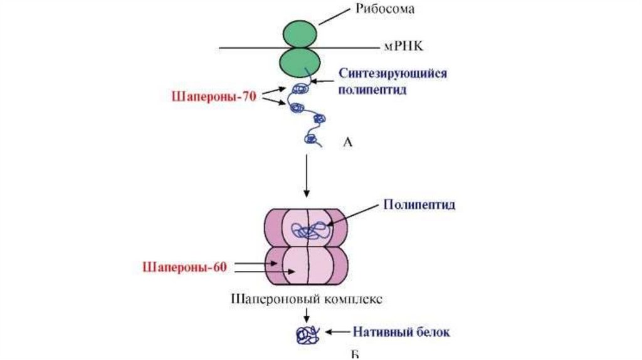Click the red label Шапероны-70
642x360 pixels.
(213, 97)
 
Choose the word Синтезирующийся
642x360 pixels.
(392, 73)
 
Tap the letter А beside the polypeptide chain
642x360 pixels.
(349, 143)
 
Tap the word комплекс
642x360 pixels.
(349, 299)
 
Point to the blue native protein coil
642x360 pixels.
(307, 334)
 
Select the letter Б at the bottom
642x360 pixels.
(354, 355)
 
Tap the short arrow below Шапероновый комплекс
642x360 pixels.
(307, 315)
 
